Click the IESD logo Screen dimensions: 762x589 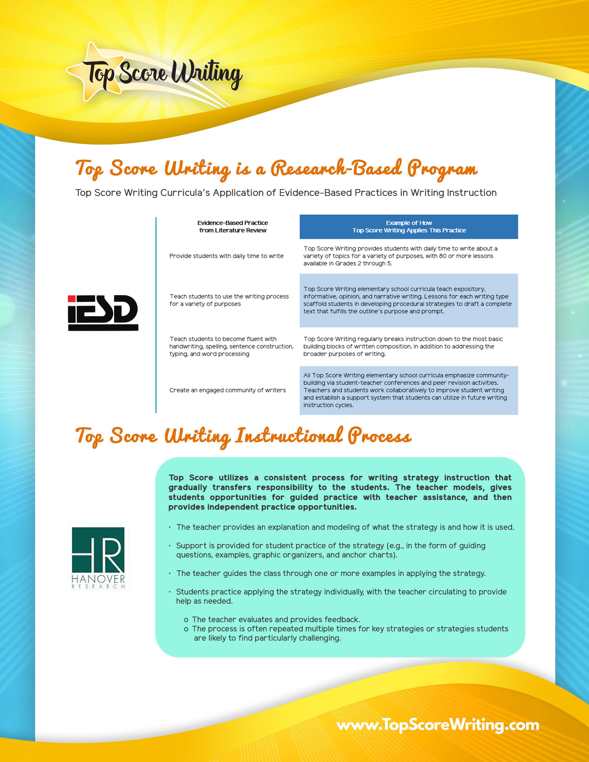tap(103, 313)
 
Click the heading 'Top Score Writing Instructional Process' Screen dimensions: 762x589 tap(243, 436)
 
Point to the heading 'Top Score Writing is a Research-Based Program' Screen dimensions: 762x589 tap(276, 169)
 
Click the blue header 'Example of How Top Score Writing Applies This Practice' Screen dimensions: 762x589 tap(409, 227)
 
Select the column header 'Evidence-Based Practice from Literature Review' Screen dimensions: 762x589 tap(233, 227)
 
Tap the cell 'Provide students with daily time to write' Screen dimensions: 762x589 tap(226, 256)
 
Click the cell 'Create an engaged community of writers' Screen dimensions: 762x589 tap(228, 390)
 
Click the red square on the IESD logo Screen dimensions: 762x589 tap(72, 299)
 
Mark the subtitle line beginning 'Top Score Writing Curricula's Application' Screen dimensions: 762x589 tap(286, 193)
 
